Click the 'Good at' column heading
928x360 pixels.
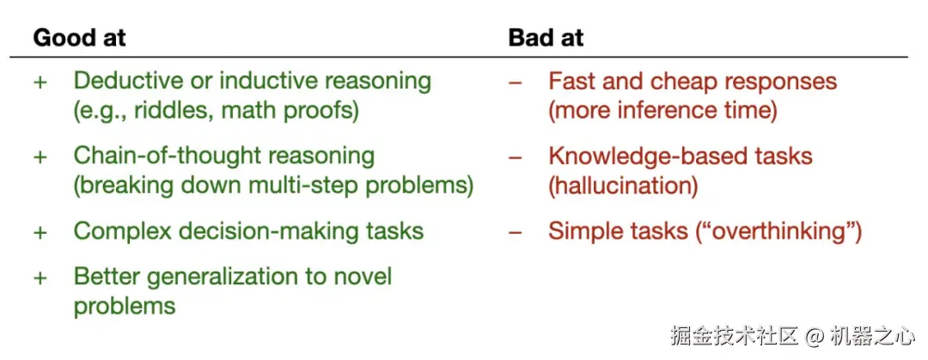pos(79,38)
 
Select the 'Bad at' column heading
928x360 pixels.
pos(546,38)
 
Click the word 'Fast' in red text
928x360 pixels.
pos(569,81)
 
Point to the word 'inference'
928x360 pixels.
pos(668,112)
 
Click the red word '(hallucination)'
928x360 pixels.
pos(623,186)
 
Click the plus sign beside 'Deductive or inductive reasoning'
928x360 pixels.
pos(40,82)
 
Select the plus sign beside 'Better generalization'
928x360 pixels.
pos(40,278)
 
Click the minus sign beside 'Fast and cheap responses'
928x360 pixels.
pos(516,82)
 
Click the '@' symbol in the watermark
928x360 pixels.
pos(815,336)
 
